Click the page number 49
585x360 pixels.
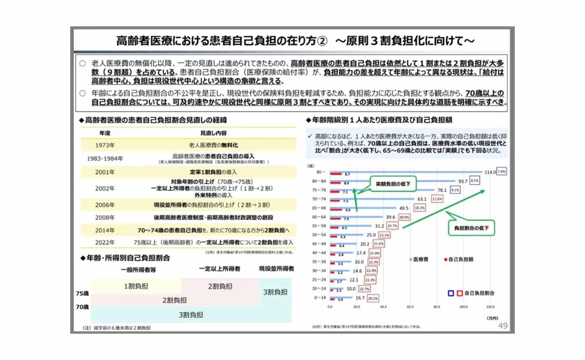pos(503,325)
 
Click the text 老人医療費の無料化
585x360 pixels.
pos(214,145)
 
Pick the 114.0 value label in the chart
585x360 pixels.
pos(489,172)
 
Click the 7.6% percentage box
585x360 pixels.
pos(502,171)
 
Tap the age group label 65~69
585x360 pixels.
pos(320,208)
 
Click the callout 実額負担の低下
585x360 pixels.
pos(391,184)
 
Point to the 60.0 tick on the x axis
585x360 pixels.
pos(410,307)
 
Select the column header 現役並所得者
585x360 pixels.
pos(276,268)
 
